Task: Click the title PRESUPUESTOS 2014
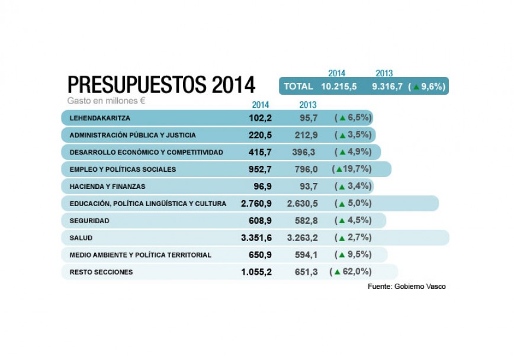pos(161,84)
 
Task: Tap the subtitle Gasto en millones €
pos(107,101)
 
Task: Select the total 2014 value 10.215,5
pos(339,86)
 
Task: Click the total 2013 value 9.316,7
pos(387,86)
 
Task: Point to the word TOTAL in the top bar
pos(298,86)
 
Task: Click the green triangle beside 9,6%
pos(416,87)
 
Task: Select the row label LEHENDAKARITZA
pos(99,118)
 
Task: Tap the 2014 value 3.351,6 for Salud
pos(256,237)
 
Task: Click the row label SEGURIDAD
pos(89,220)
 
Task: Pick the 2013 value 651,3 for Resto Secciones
pos(306,272)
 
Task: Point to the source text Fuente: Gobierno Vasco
pos(406,287)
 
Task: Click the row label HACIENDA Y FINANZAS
pos(107,186)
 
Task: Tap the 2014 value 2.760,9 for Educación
pos(256,203)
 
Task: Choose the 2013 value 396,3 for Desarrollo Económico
pos(305,152)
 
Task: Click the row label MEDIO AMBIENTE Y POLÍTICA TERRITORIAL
pos(140,255)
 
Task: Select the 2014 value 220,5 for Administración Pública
pos(260,135)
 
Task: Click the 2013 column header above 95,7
pos(308,105)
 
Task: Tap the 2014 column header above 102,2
pos(261,105)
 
